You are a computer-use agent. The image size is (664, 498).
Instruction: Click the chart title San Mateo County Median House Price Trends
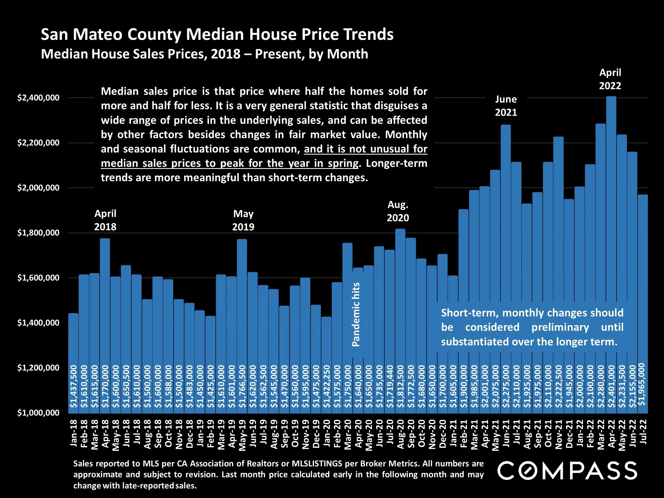click(x=217, y=35)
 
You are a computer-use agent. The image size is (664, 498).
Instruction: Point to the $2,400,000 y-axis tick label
click(x=38, y=98)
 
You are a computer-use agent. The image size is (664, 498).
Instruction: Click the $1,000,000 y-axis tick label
click(x=38, y=413)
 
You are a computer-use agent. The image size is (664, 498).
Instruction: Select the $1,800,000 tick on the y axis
click(x=38, y=233)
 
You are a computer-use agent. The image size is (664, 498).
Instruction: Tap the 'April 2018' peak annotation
click(x=105, y=220)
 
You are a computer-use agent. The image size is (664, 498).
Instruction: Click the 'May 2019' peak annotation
click(x=243, y=220)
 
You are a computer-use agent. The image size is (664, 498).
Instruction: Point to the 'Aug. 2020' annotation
click(x=398, y=211)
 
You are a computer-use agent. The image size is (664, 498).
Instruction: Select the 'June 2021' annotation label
click(x=506, y=106)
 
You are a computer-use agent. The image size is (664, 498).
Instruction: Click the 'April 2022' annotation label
click(x=610, y=79)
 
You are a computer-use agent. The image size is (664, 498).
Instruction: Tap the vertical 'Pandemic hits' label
click(x=356, y=314)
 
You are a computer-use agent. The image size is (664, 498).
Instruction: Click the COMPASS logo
click(x=567, y=470)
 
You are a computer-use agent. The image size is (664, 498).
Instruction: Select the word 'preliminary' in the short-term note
click(x=560, y=327)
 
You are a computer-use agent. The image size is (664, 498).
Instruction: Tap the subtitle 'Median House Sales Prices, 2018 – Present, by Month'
click(x=205, y=54)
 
